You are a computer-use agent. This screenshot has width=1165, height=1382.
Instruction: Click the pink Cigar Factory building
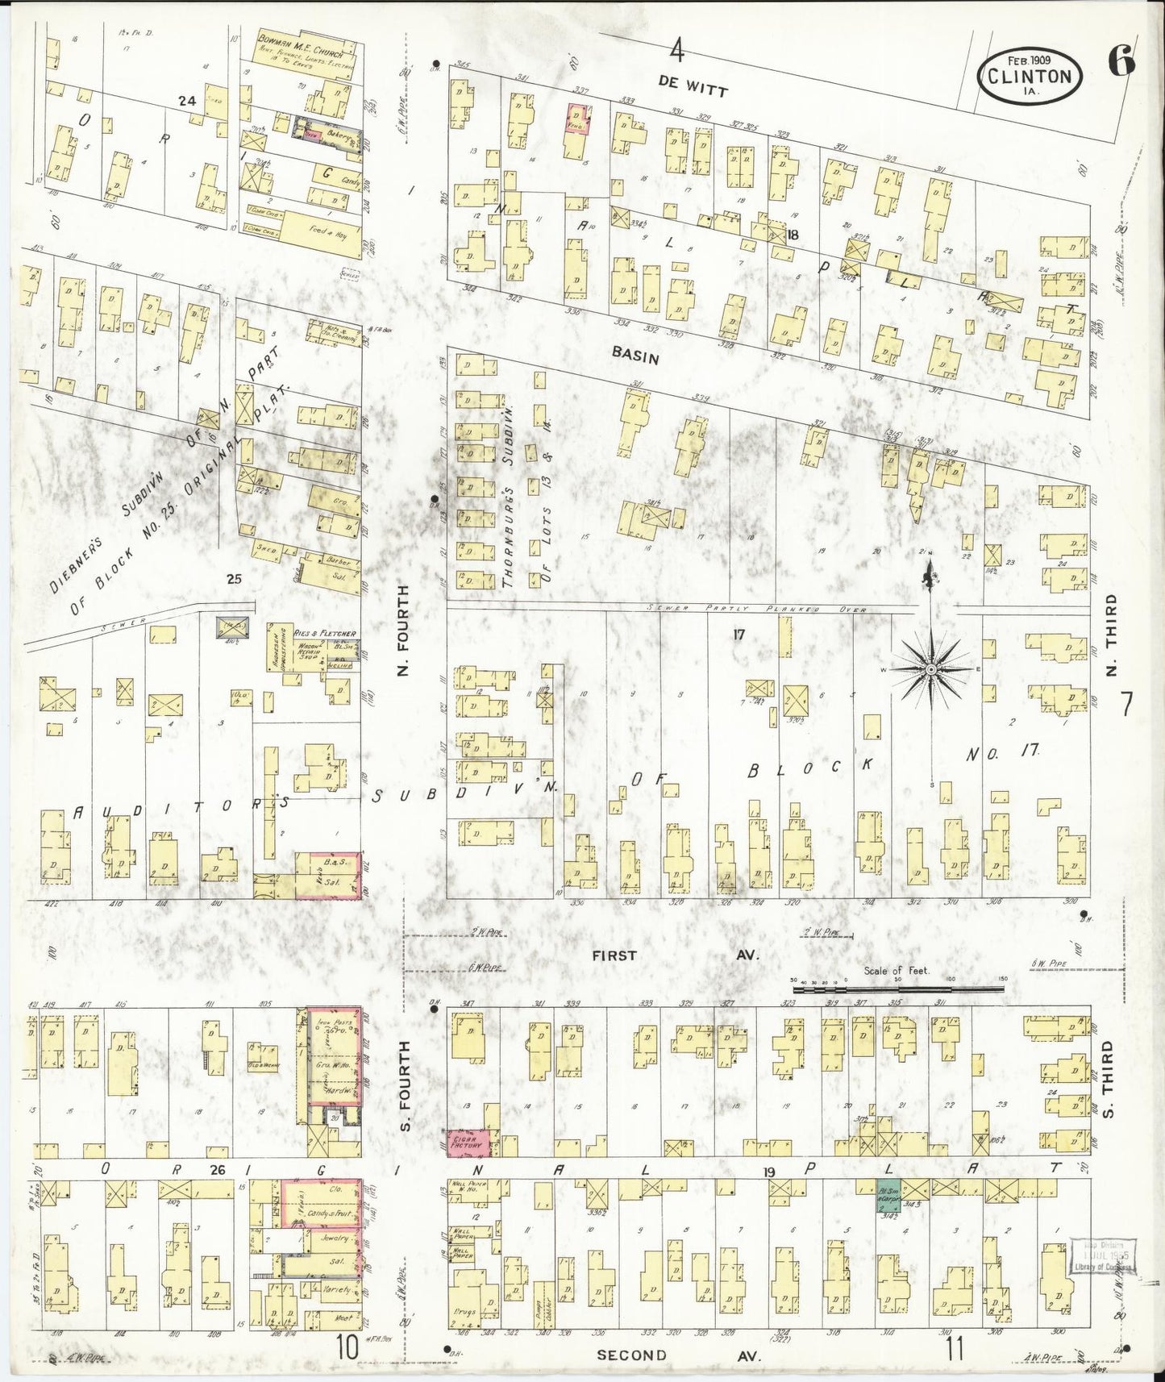click(471, 1143)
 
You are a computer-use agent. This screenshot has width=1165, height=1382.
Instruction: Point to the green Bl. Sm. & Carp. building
click(888, 1197)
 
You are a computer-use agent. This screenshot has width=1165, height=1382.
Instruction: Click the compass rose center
click(930, 670)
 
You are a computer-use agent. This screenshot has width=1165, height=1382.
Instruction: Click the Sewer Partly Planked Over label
click(758, 610)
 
